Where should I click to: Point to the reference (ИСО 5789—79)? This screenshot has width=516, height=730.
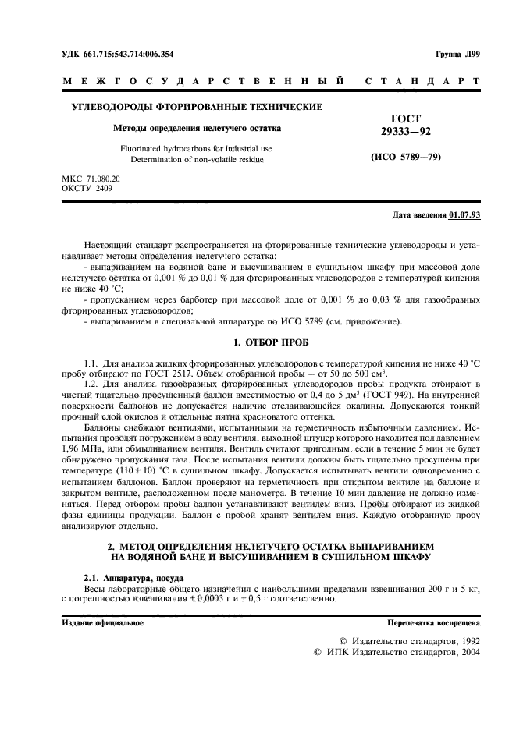405,157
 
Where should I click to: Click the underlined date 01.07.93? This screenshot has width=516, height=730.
465,214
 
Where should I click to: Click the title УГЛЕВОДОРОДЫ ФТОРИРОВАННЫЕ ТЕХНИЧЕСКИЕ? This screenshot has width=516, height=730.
197,107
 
